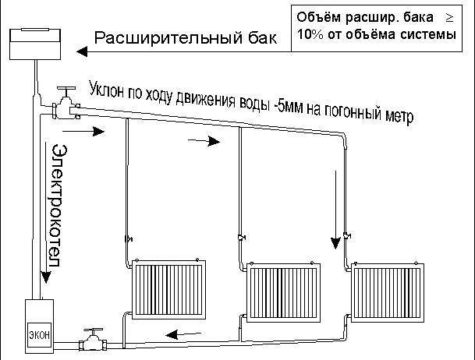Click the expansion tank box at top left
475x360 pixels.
(x=36, y=41)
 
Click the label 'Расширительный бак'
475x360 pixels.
(x=184, y=39)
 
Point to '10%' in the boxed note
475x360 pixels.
(x=311, y=36)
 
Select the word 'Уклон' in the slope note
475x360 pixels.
(x=108, y=86)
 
